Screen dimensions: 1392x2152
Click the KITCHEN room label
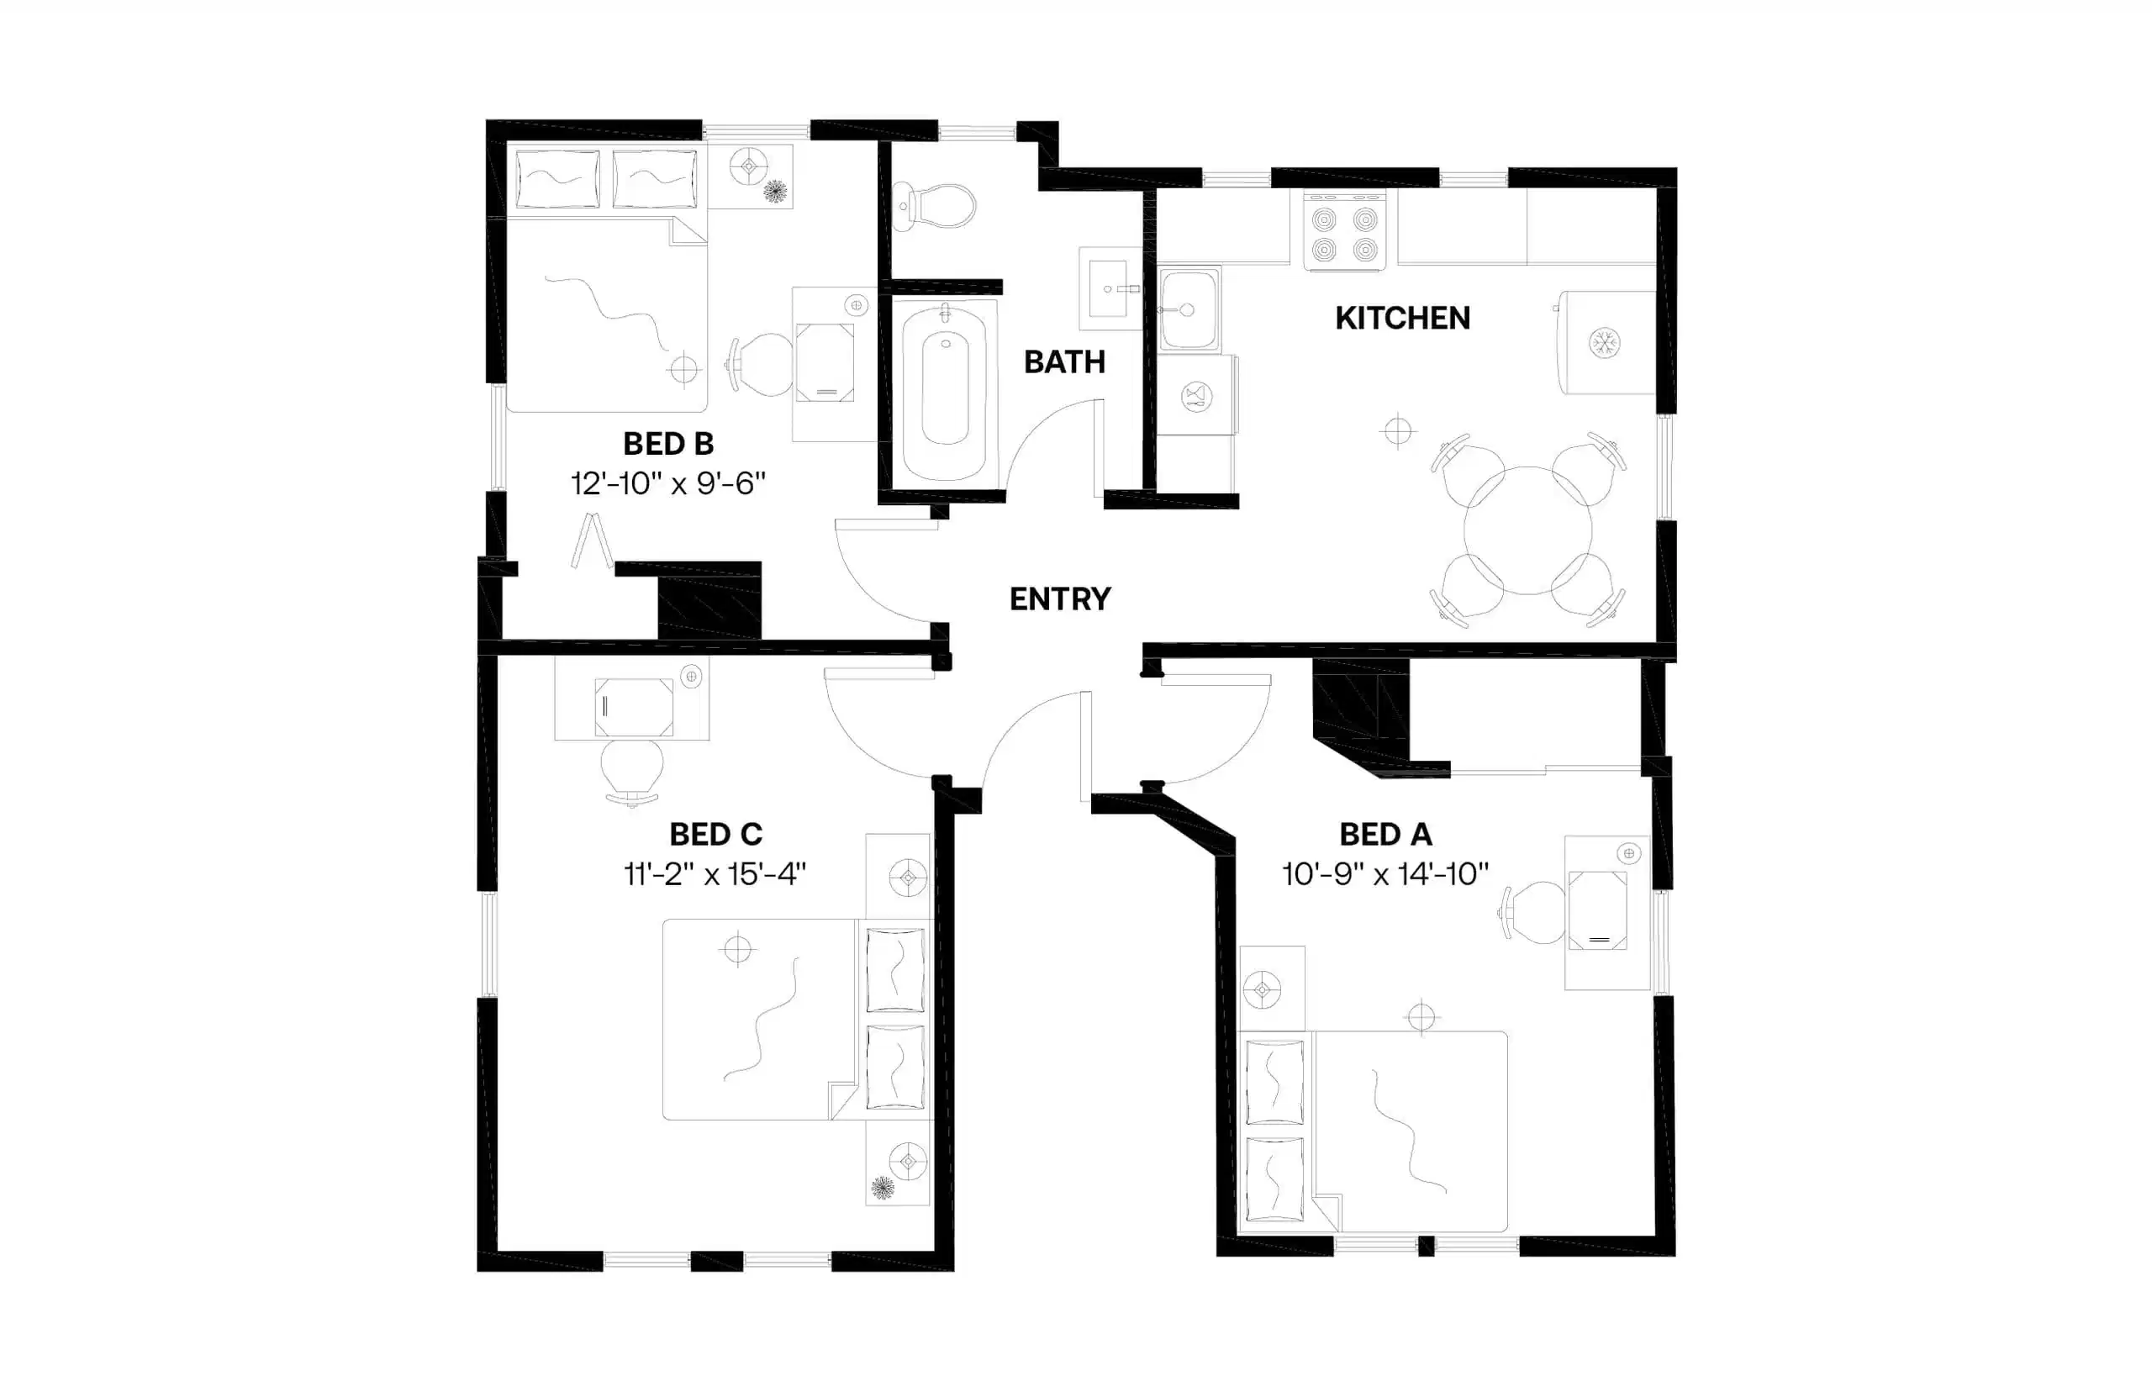click(x=1402, y=319)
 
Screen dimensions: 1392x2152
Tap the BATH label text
click(x=1063, y=362)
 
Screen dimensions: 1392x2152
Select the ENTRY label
click(x=1059, y=599)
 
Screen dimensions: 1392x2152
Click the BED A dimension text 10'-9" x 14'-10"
click(x=1385, y=874)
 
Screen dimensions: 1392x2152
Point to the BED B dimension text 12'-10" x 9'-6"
click(x=668, y=483)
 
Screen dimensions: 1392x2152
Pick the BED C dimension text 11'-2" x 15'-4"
click(x=714, y=874)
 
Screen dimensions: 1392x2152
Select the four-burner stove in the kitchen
click(x=1344, y=232)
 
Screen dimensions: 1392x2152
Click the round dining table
click(x=1527, y=530)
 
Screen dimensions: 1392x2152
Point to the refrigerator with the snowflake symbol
click(x=1606, y=343)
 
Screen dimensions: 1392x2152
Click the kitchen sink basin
click(x=1188, y=309)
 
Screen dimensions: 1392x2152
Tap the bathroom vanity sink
click(x=1108, y=289)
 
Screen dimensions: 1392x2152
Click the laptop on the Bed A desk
click(x=1597, y=910)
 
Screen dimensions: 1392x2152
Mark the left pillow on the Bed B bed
click(x=556, y=179)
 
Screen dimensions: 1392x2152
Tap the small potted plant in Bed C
click(x=882, y=1187)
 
